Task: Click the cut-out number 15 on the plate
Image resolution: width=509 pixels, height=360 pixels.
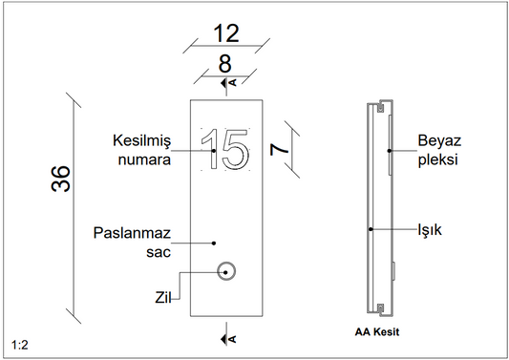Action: click(x=227, y=150)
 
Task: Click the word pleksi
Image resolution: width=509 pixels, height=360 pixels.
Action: click(x=437, y=160)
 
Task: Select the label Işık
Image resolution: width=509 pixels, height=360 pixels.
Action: click(x=433, y=230)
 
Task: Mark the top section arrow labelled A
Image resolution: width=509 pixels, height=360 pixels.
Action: click(x=226, y=85)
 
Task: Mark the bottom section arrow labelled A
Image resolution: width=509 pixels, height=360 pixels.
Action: click(x=226, y=335)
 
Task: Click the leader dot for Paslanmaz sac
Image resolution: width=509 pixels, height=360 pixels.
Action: click(x=213, y=243)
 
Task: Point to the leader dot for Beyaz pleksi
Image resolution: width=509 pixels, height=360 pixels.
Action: click(x=389, y=150)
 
